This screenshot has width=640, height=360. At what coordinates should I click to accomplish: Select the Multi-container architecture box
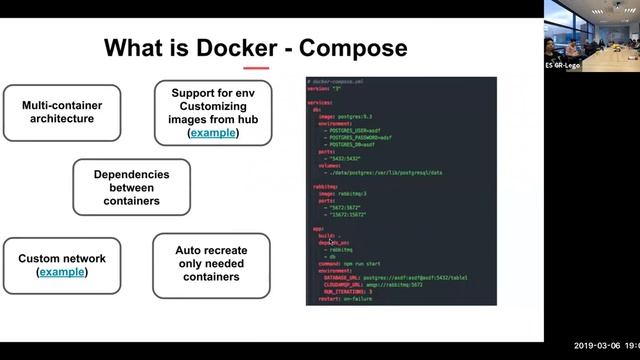click(59, 111)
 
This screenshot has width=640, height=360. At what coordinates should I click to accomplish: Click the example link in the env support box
click(214, 132)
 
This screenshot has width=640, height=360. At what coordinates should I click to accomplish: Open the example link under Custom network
click(62, 272)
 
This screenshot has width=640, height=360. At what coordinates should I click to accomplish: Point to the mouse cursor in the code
click(331, 242)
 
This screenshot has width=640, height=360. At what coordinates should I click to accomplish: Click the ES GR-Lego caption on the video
click(562, 65)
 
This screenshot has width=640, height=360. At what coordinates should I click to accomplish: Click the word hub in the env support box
click(244, 119)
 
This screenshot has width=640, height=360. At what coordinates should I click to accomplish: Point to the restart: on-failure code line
click(349, 298)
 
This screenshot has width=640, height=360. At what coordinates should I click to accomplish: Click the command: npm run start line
click(356, 263)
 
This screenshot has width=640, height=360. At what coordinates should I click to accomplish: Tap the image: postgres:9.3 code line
click(347, 117)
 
